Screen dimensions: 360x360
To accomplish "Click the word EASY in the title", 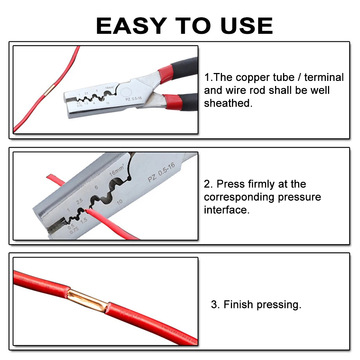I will tap(131, 26).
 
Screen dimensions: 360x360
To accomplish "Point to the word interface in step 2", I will tap(225, 210).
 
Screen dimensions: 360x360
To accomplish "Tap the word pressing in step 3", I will tap(279, 305).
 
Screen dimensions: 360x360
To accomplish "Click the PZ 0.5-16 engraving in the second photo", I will tap(161, 173).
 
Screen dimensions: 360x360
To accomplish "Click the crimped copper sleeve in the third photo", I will tap(87, 299).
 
